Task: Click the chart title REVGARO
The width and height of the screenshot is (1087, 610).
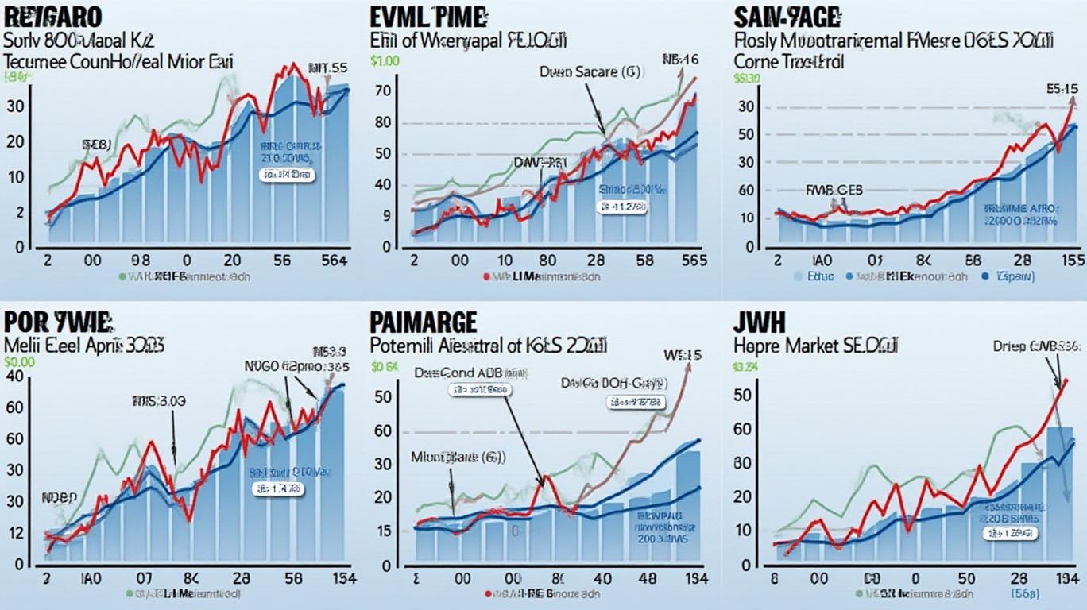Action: [x=54, y=17]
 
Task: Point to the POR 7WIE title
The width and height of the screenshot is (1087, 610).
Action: [x=56, y=322]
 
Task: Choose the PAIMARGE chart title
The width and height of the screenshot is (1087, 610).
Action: [x=424, y=322]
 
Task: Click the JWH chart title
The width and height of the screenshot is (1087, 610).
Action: [x=760, y=322]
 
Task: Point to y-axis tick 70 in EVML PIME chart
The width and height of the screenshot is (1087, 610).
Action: [x=384, y=91]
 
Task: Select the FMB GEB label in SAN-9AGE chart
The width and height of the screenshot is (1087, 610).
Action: [x=834, y=191]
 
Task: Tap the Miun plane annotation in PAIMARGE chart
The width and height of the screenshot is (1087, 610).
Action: [x=458, y=457]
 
